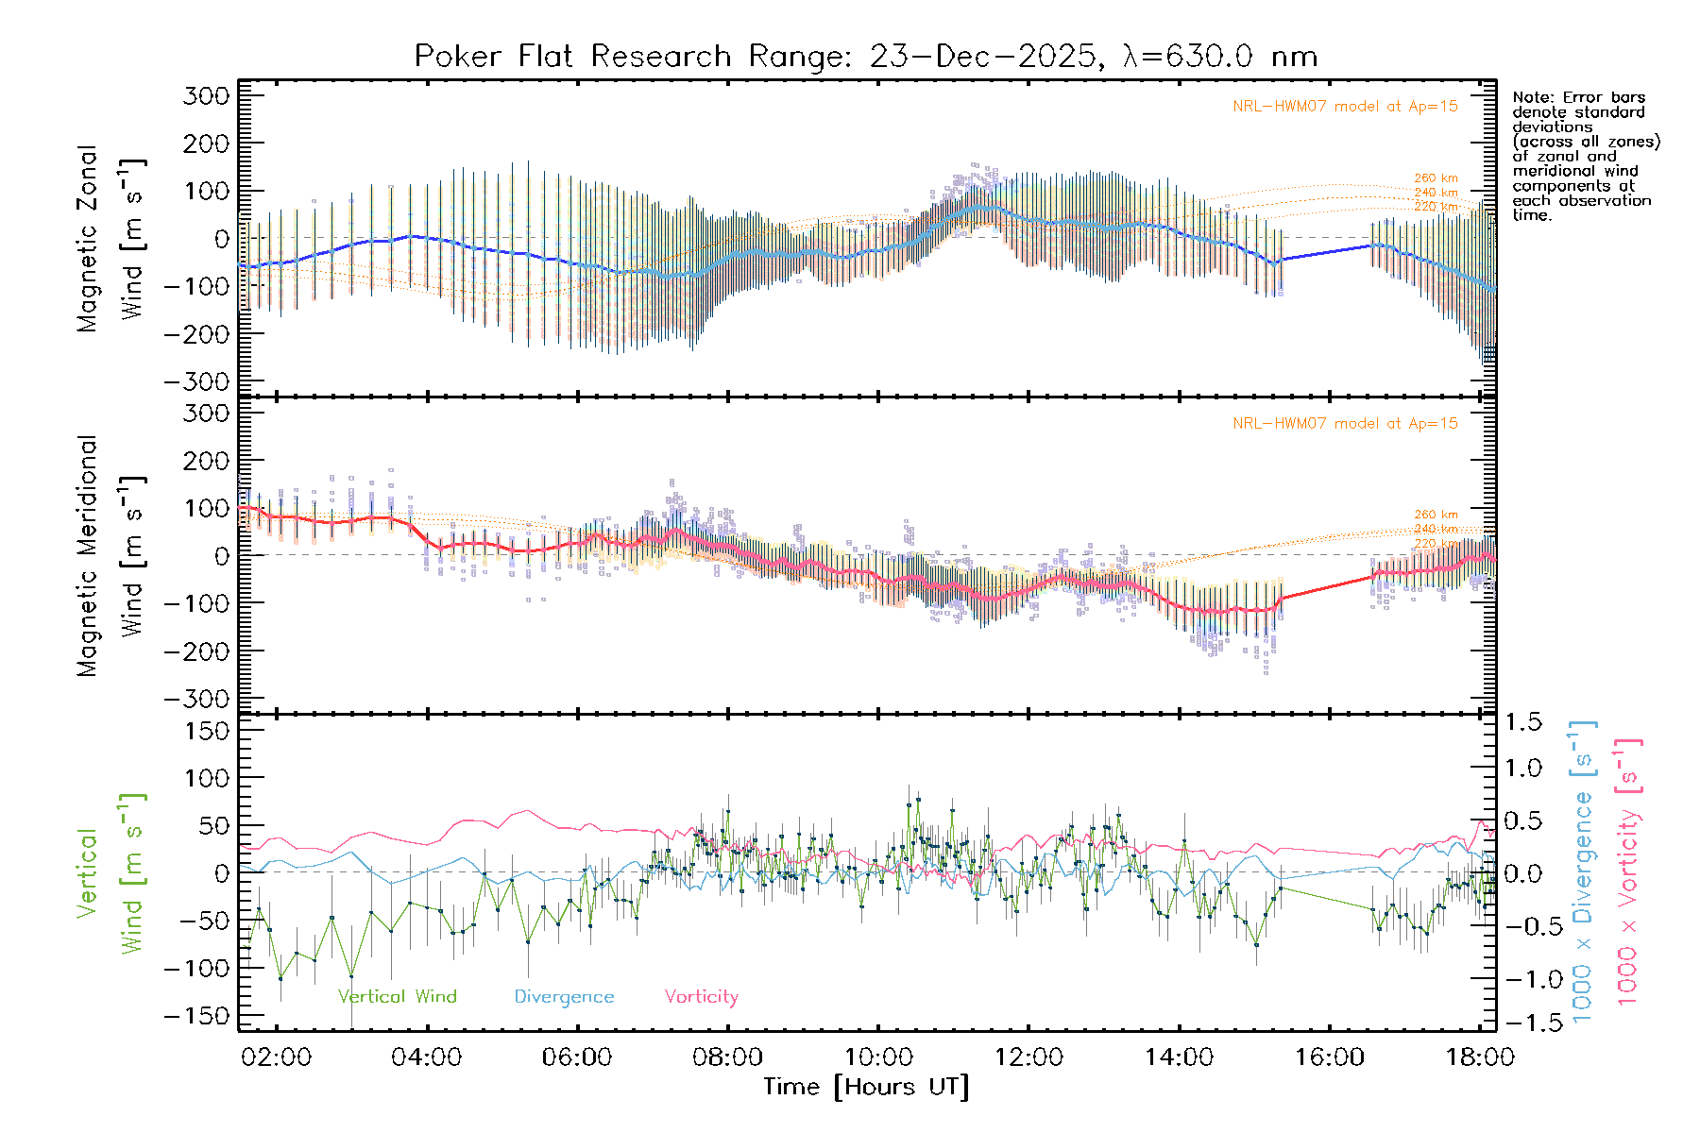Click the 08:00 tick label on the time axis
coord(727,1057)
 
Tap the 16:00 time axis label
coord(1330,1057)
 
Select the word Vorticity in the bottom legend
coord(701,997)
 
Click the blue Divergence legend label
coord(564,997)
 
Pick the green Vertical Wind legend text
coord(397,997)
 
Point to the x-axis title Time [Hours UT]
coord(866,1087)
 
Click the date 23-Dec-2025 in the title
coord(982,57)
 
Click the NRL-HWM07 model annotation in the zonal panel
coord(1345,107)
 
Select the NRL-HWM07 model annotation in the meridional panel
coord(1345,424)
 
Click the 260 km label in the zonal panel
coord(1436,178)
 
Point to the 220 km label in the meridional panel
coord(1436,544)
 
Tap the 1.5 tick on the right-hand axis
coord(1522,722)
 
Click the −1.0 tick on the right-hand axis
coord(1522,979)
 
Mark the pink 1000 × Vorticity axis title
coord(1627,871)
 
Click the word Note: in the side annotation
coord(1531,97)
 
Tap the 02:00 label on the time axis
coord(276,1057)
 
